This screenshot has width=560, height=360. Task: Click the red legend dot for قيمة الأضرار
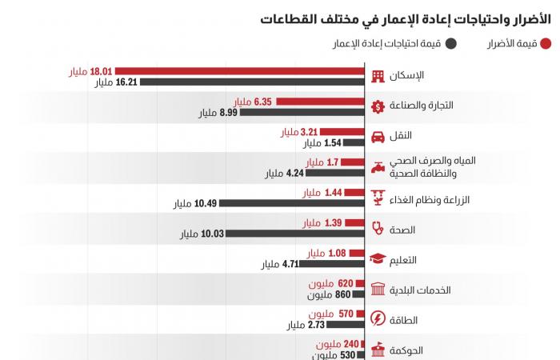[545, 45]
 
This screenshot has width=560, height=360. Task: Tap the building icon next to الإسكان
[379, 76]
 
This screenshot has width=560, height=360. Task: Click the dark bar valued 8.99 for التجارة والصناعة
[305, 113]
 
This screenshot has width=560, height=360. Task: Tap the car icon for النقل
[379, 137]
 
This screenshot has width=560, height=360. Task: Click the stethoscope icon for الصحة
[379, 229]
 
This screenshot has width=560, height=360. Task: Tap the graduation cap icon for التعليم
[379, 259]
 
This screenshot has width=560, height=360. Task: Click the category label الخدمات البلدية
[422, 290]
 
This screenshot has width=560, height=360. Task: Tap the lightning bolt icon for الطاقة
[379, 320]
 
